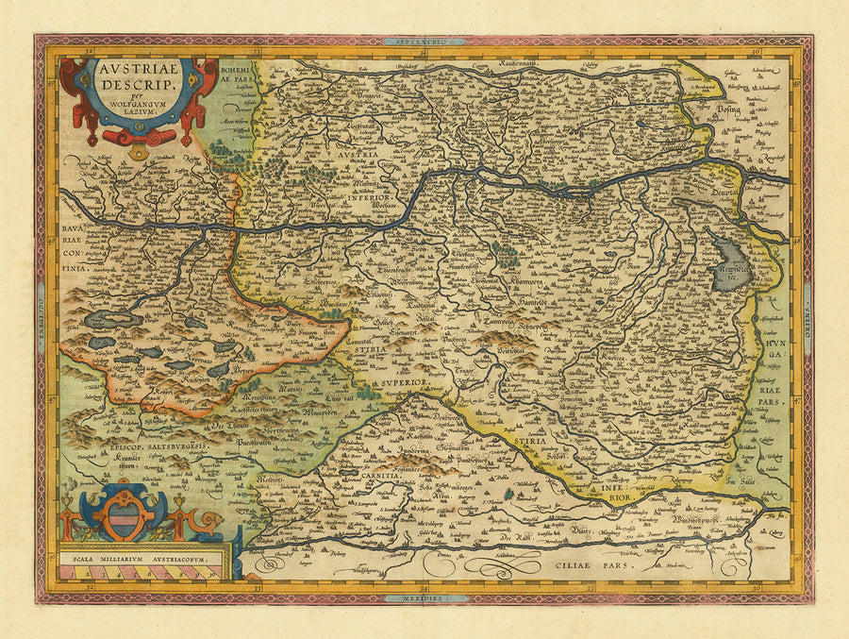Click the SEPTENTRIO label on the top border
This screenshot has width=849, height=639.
coord(424,42)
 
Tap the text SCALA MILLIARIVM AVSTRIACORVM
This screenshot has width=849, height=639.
coord(141,559)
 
